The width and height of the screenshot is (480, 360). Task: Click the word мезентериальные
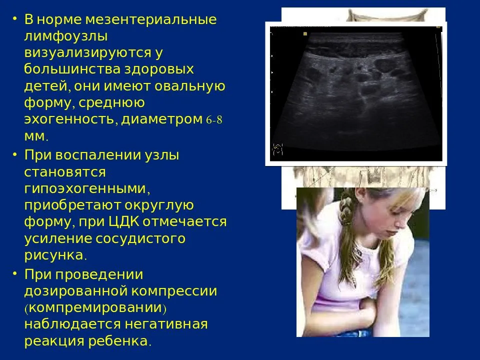(x=151, y=19)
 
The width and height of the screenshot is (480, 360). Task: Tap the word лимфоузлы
(x=66, y=36)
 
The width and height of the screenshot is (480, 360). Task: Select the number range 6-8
(x=214, y=119)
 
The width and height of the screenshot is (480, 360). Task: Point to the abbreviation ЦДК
(x=124, y=221)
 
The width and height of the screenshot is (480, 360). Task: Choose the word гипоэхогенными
(x=87, y=188)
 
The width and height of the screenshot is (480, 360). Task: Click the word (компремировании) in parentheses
(x=95, y=307)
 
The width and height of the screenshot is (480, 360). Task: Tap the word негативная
(x=166, y=324)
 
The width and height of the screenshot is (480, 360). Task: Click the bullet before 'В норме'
(x=14, y=18)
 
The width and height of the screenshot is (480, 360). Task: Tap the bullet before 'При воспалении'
(x=14, y=154)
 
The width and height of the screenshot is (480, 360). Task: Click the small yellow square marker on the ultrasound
(x=305, y=34)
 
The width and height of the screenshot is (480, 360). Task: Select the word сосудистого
(x=140, y=239)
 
